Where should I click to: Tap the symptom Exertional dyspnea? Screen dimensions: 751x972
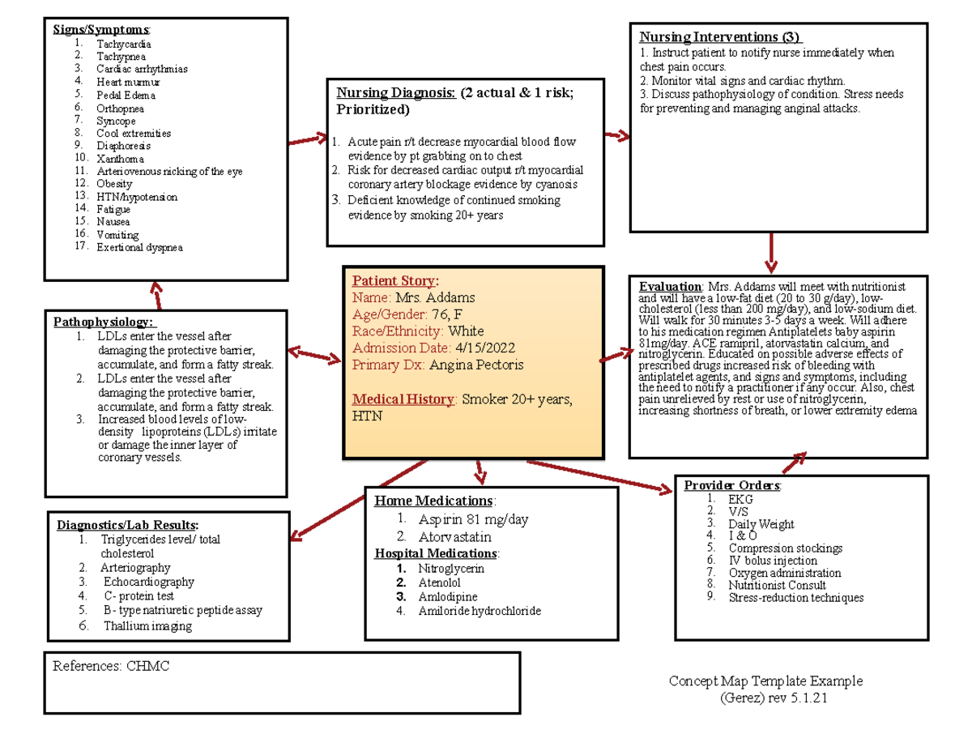coord(139,247)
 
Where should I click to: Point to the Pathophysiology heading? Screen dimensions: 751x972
coord(102,322)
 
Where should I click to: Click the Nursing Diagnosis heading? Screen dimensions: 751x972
coord(390,93)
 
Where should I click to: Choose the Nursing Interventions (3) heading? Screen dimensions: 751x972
coord(720,37)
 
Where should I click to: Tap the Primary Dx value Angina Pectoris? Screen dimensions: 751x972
coord(476,365)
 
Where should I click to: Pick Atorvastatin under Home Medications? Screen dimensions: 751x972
coord(454,536)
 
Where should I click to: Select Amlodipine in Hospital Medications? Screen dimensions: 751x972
coord(447,597)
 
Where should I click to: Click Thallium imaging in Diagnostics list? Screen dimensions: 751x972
coord(147,625)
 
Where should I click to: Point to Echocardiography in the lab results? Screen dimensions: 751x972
coord(148,582)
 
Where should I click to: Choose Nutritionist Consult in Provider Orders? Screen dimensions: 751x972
coord(777,585)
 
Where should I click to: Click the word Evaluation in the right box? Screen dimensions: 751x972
coord(670,287)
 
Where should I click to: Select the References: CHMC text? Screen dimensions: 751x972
coord(111,667)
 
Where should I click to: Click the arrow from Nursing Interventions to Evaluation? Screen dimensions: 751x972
coord(770,253)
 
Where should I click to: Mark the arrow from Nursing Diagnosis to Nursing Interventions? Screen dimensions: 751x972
coord(618,135)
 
